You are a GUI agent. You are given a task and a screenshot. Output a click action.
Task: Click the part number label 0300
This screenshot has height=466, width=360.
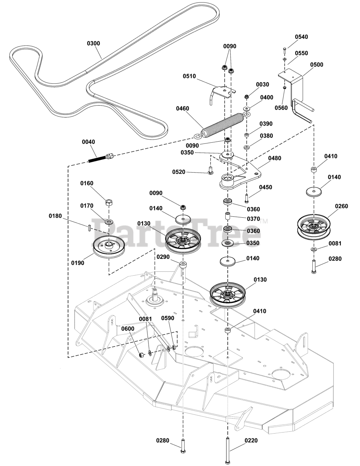pyautogui.click(x=93, y=43)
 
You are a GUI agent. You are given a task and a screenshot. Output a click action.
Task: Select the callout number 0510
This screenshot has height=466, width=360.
pyautogui.click(x=189, y=76)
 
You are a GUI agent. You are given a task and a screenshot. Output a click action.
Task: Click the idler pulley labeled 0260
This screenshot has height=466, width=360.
pyautogui.click(x=313, y=225)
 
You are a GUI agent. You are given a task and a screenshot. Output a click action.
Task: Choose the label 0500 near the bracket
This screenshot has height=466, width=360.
pyautogui.click(x=316, y=65)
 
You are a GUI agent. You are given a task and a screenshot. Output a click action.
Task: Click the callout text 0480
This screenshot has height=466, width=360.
pyautogui.click(x=274, y=158)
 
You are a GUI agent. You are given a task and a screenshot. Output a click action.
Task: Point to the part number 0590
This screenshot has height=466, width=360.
pyautogui.click(x=168, y=318)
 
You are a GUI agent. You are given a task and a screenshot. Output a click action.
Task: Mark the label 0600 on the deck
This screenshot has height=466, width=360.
pyautogui.click(x=128, y=328)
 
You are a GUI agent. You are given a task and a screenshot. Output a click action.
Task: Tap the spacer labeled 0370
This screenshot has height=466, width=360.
pyautogui.click(x=229, y=217)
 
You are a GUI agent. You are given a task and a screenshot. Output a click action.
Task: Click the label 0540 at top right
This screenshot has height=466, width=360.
pyautogui.click(x=301, y=37)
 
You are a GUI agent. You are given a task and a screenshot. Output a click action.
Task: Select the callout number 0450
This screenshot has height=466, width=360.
pyautogui.click(x=265, y=187)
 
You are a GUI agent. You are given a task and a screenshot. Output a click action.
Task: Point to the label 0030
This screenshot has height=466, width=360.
pyautogui.click(x=262, y=84)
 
